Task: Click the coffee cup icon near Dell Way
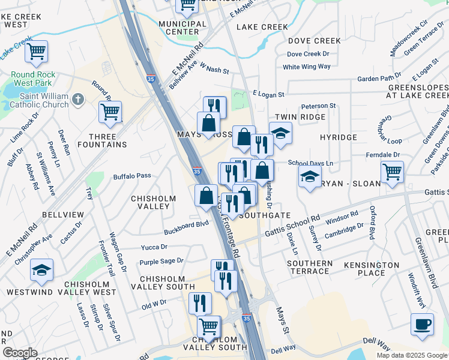tap(422, 323)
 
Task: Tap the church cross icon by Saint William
tap(78, 100)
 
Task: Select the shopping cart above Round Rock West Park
tap(37, 51)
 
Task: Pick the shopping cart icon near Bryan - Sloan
tap(392, 172)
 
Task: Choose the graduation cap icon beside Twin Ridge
tap(280, 133)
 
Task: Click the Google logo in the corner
tap(20, 353)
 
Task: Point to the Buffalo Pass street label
tap(132, 176)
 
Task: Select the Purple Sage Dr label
tap(161, 261)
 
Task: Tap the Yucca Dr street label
tap(154, 247)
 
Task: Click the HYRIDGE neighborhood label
tap(338, 137)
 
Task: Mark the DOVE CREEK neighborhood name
tap(314, 41)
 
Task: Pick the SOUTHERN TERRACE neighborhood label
tap(309, 267)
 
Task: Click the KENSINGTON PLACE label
tap(372, 268)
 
